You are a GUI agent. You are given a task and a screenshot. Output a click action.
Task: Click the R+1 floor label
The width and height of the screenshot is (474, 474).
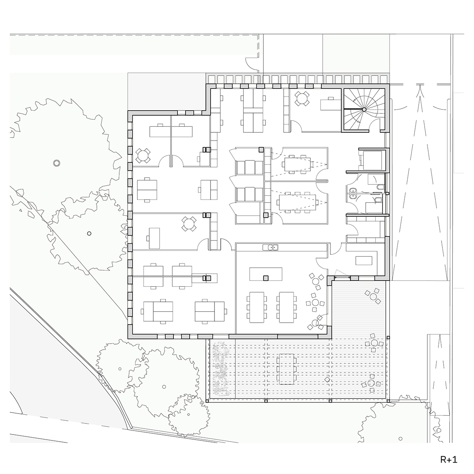tap(448, 459)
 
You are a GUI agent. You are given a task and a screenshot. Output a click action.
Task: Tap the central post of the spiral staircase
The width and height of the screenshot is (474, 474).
tap(364, 109)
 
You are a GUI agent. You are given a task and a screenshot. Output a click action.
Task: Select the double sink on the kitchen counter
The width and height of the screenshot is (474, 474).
tap(270, 247)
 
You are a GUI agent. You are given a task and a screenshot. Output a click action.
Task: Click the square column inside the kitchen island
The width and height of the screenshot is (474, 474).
tap(265, 278)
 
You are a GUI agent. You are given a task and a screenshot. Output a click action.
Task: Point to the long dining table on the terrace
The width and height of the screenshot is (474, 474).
tap(287, 369)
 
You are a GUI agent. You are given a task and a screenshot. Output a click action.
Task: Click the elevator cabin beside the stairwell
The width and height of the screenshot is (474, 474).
tap(372, 160)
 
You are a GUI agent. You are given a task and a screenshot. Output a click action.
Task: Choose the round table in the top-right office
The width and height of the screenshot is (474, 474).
tap(302, 98)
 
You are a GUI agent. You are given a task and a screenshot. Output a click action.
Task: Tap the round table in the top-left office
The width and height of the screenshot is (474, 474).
tap(143, 155)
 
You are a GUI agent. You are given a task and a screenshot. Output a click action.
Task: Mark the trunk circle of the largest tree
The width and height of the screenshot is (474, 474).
tap(57, 163)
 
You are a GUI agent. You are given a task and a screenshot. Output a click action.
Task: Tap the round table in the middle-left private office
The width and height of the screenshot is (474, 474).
tap(189, 224)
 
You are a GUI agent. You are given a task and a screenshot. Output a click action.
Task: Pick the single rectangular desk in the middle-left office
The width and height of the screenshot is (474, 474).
tap(154, 238)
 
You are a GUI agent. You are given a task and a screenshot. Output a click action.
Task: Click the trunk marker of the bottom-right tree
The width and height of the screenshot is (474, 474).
tap(401, 438)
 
